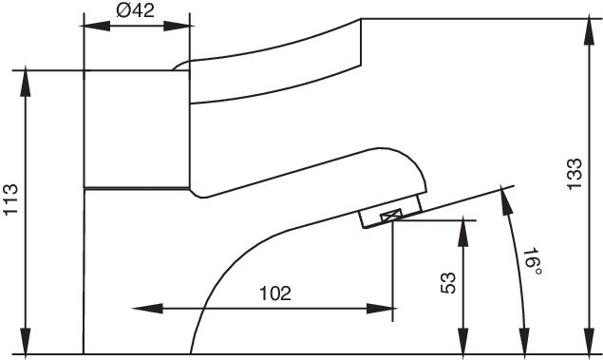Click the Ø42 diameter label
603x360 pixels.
coord(135,10)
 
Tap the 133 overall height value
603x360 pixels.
coord(575,174)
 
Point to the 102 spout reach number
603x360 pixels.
coord(275,294)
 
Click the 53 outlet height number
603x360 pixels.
coord(447,283)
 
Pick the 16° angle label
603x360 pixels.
coord(533,262)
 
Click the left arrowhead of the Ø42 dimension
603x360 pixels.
coord(95,27)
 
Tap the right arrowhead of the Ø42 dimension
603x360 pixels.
coord(179,27)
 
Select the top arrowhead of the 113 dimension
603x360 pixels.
coord(26,82)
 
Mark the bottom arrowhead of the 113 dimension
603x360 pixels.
coord(26,341)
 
